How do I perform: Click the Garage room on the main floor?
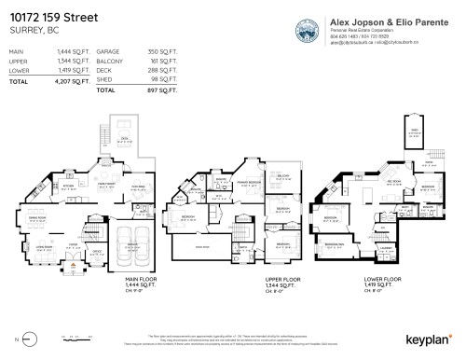tap(133, 242)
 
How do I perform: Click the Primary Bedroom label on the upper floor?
tap(247, 184)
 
